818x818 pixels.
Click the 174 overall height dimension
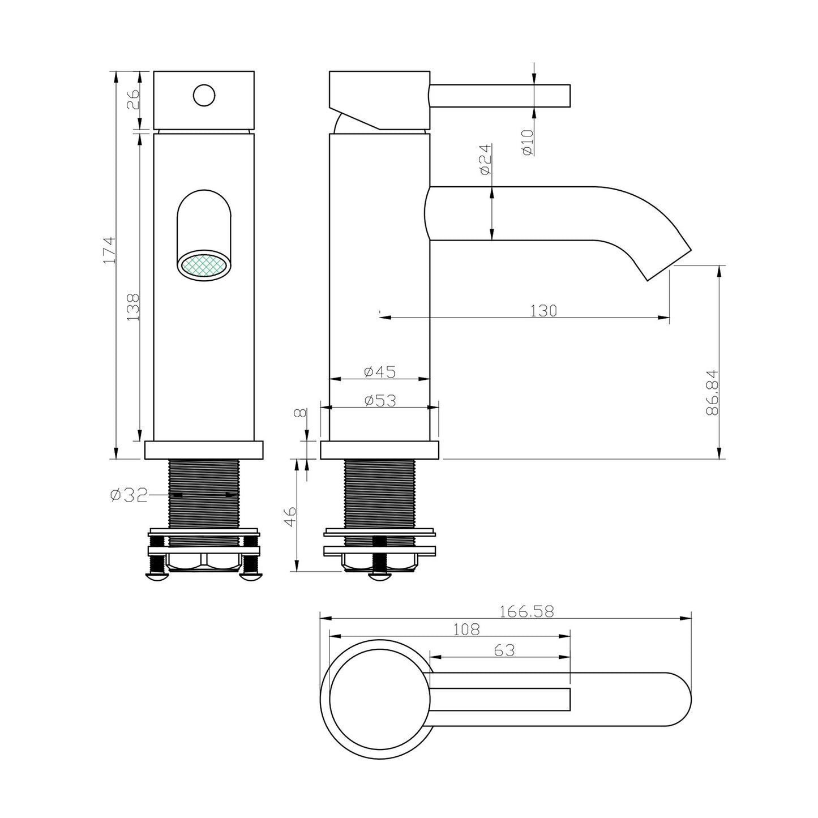[x=109, y=250]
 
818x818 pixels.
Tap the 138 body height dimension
[x=133, y=306]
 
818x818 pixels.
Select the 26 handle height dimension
[x=133, y=99]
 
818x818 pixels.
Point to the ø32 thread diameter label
[x=129, y=495]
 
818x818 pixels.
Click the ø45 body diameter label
[x=380, y=372]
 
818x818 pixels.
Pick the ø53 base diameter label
[x=380, y=400]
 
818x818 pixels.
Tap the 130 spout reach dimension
[x=543, y=311]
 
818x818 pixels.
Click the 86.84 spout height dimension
[x=712, y=392]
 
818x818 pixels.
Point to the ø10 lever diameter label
[x=528, y=143]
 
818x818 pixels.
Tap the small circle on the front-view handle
[x=204, y=95]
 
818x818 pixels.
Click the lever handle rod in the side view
[x=500, y=96]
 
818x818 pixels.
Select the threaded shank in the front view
[x=204, y=502]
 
